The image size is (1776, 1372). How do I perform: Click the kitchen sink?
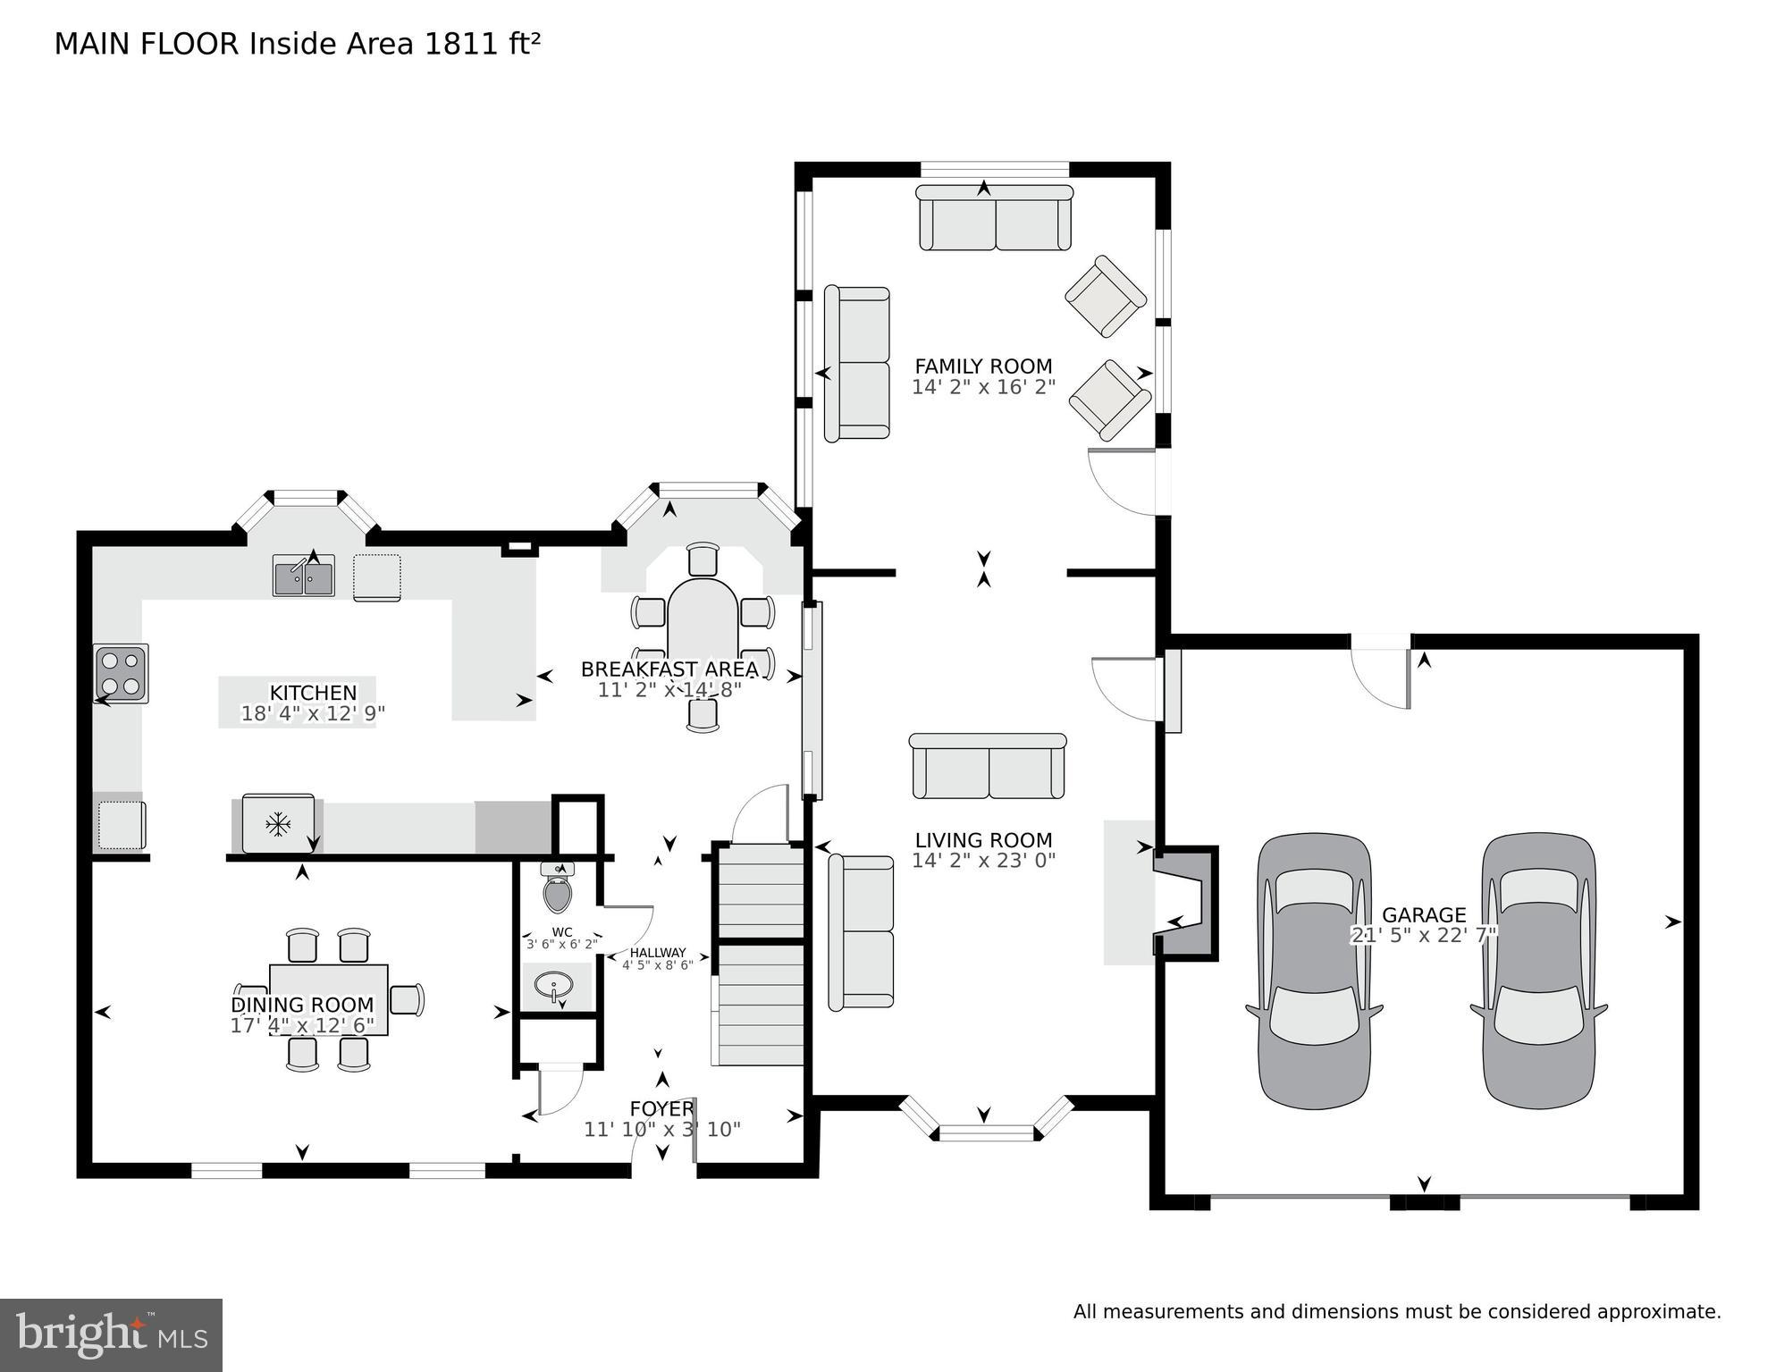pyautogui.click(x=303, y=577)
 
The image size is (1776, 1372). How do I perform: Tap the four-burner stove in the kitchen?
pyautogui.click(x=122, y=673)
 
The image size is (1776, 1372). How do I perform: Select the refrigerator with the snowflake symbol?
pyautogui.click(x=278, y=823)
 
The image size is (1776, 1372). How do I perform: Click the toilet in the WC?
pyautogui.click(x=558, y=890)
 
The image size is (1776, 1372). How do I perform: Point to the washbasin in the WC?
pyautogui.click(x=555, y=987)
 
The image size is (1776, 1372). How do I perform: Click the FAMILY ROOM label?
pyautogui.click(x=983, y=366)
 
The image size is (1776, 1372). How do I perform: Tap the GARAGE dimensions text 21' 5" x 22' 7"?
pyautogui.click(x=1423, y=935)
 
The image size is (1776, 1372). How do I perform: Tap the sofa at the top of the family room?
pyautogui.click(x=994, y=218)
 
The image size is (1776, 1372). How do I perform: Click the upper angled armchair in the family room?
pyautogui.click(x=1105, y=296)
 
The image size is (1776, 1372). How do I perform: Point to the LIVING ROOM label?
pyautogui.click(x=983, y=840)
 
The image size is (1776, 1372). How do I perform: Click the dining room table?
pyautogui.click(x=329, y=998)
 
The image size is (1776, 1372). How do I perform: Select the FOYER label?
pyautogui.click(x=661, y=1109)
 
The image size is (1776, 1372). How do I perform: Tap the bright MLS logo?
pyautogui.click(x=111, y=1335)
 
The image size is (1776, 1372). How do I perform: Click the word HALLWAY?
pyautogui.click(x=658, y=953)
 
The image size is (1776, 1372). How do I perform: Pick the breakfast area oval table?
pyautogui.click(x=703, y=635)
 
